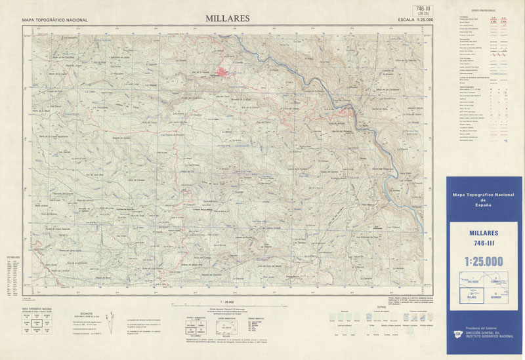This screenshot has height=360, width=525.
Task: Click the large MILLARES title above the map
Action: [226, 18]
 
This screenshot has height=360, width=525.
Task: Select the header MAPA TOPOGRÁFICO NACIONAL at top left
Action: [54, 20]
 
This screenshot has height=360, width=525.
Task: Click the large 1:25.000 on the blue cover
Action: [484, 262]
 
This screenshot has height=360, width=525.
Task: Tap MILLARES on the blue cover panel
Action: [484, 233]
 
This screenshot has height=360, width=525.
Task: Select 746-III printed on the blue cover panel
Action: [484, 243]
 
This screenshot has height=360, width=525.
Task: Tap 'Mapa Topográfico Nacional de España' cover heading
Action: [484, 200]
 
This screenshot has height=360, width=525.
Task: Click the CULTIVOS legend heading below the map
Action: [381, 306]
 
